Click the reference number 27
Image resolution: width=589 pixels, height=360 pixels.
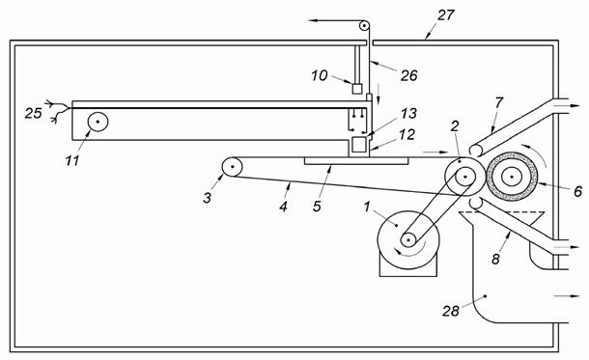[x=445, y=15]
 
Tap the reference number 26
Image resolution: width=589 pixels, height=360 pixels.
[x=408, y=75]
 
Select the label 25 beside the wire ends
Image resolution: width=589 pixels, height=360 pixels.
[x=34, y=113]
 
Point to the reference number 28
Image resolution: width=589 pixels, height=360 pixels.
[x=450, y=311]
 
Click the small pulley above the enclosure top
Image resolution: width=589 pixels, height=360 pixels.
[x=364, y=26]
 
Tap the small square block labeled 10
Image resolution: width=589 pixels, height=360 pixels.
[x=357, y=89]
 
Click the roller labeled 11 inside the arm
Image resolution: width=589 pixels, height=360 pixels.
[x=98, y=122]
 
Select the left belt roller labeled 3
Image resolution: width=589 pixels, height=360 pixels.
[x=232, y=166]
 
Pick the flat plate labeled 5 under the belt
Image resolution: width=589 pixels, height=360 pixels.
[x=356, y=161]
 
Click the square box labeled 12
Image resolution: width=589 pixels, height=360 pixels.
[x=359, y=145]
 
